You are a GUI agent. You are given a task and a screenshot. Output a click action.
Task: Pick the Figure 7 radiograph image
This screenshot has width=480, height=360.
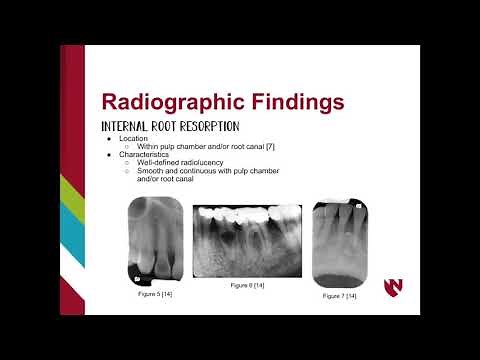pos(341,243)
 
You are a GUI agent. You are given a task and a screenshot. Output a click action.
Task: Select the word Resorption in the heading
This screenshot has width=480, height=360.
pos(212,126)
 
